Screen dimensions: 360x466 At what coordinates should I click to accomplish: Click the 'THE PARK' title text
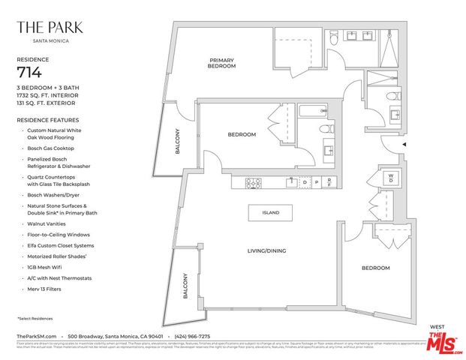pyautogui.click(x=50, y=28)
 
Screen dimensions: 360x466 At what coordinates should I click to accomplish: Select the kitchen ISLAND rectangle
pyautogui.click(x=270, y=212)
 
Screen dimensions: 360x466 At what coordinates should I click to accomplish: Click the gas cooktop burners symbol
pyautogui.click(x=253, y=181)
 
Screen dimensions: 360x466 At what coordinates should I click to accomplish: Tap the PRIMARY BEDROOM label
pyautogui.click(x=222, y=63)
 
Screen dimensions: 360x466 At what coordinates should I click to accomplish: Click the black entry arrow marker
pyautogui.click(x=405, y=144)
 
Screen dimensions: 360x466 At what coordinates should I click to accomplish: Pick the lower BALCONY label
pyautogui.click(x=185, y=286)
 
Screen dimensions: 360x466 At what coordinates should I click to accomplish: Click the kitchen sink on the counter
pyautogui.click(x=292, y=181)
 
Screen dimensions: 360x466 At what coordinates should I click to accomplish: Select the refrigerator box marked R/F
pyautogui.click(x=328, y=182)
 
